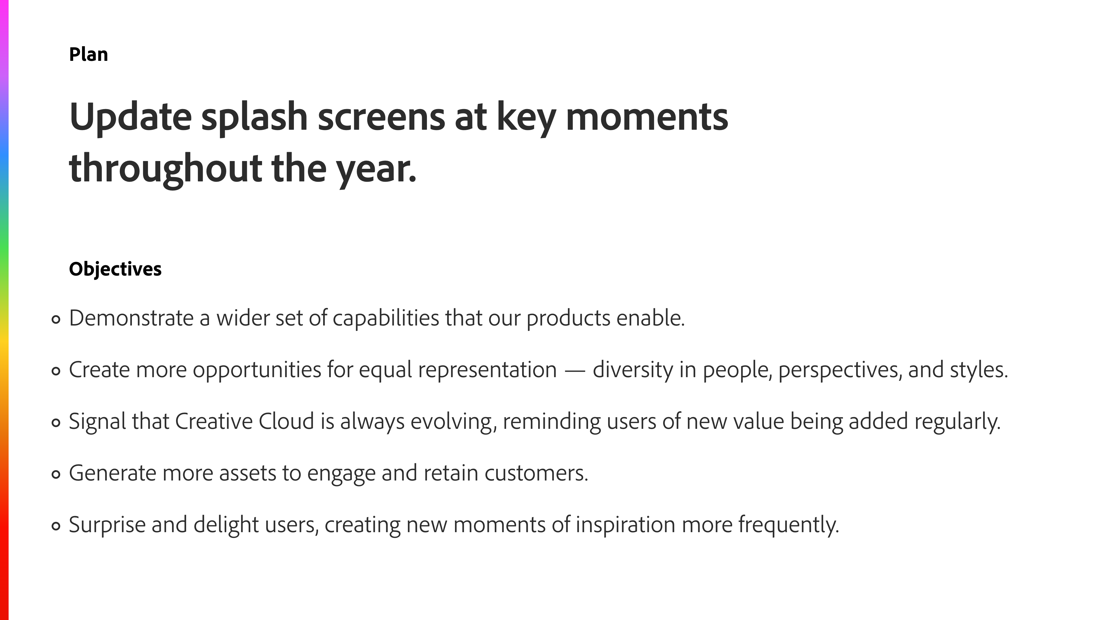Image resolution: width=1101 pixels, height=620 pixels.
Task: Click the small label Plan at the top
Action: click(89, 54)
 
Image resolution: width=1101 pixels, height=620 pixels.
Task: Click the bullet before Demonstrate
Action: click(56, 319)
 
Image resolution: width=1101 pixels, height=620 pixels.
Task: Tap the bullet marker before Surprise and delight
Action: click(56, 526)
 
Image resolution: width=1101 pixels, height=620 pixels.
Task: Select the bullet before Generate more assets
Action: click(56, 474)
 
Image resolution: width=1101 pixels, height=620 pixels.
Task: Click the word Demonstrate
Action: click(131, 318)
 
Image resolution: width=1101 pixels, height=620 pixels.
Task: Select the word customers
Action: click(536, 474)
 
